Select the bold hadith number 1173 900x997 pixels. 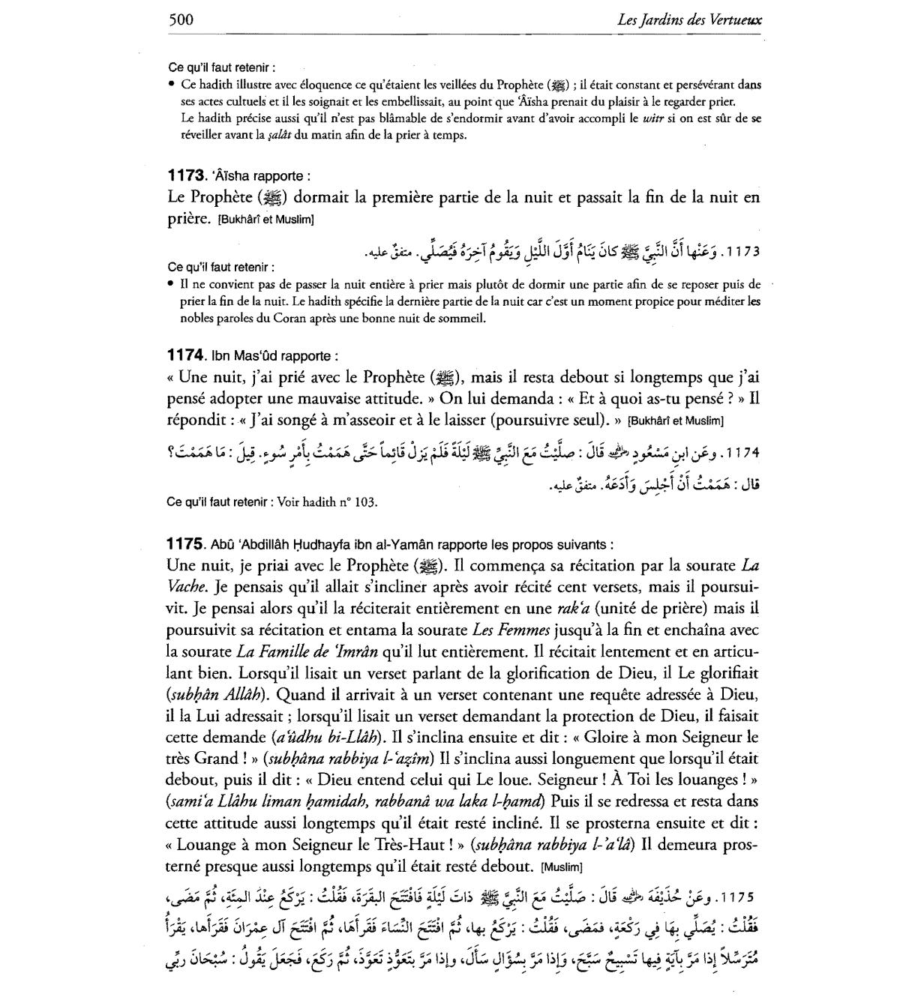point(185,176)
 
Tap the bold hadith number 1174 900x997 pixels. point(185,355)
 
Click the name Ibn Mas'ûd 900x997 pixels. point(247,356)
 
